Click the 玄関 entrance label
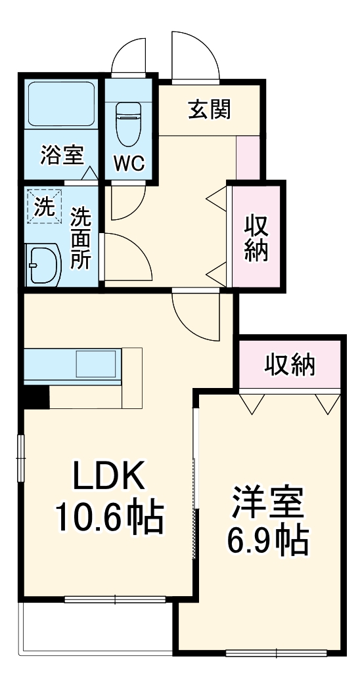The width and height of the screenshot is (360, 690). pyautogui.click(x=210, y=110)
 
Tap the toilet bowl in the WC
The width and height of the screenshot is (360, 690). pyautogui.click(x=129, y=124)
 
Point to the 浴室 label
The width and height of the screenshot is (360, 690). pyautogui.click(x=62, y=156)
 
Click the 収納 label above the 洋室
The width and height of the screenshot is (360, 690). pyautogui.click(x=290, y=364)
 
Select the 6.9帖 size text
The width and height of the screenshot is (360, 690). pyautogui.click(x=267, y=541)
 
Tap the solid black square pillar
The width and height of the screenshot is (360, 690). pyautogui.click(x=35, y=397)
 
